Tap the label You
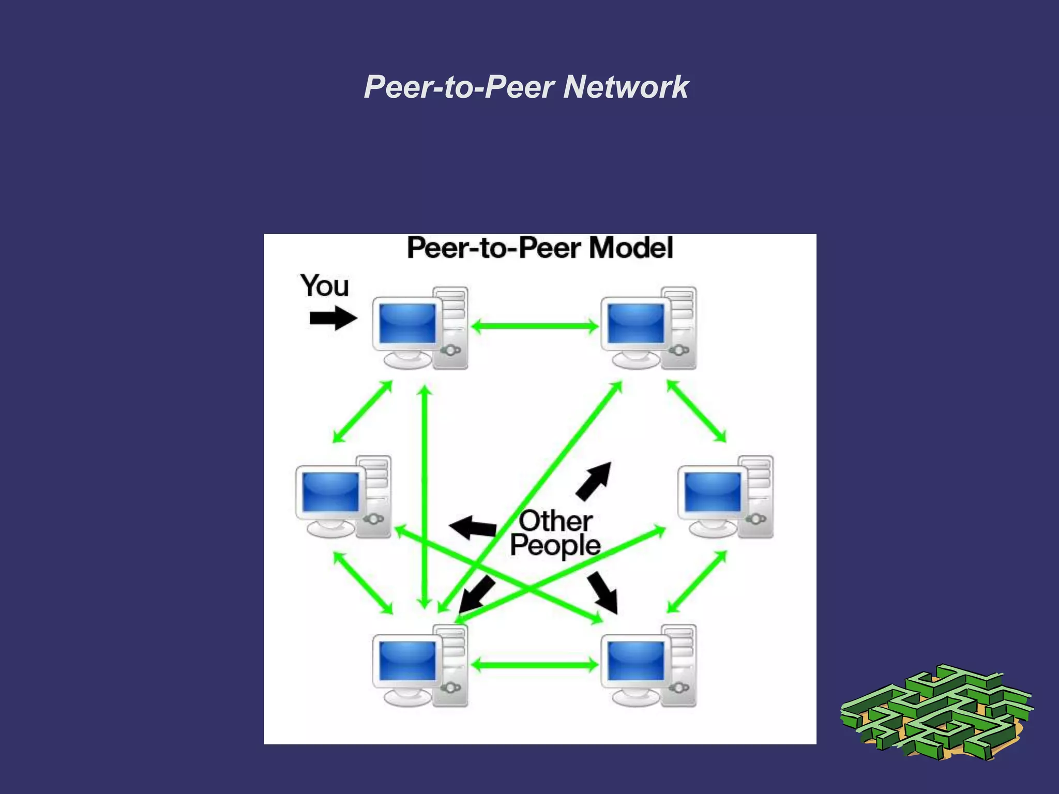(325, 286)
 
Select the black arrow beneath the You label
(332, 318)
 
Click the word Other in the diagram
(556, 521)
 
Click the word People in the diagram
(555, 545)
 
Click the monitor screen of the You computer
(407, 323)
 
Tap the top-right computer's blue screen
(636, 323)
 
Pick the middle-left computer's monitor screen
(330, 492)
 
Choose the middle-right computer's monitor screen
(713, 492)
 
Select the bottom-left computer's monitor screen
(407, 661)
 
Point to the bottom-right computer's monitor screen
(636, 661)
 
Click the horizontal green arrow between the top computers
(535, 326)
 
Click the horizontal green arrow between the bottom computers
(535, 665)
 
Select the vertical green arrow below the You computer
(425, 496)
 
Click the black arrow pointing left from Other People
(473, 527)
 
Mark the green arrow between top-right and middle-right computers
(696, 411)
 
